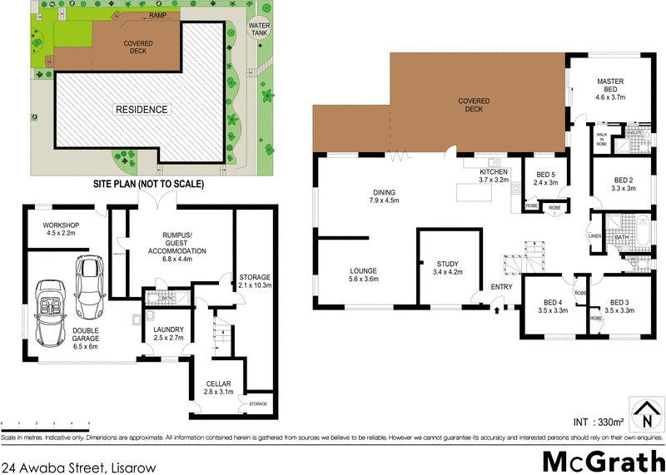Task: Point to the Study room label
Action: pos(447,267)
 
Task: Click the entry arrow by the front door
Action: pos(496,311)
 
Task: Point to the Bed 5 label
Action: pos(544,177)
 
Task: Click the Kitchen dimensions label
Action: pos(493,180)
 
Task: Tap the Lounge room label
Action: pos(364,275)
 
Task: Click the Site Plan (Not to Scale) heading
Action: pos(147,183)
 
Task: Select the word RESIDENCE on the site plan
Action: pos(142,109)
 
